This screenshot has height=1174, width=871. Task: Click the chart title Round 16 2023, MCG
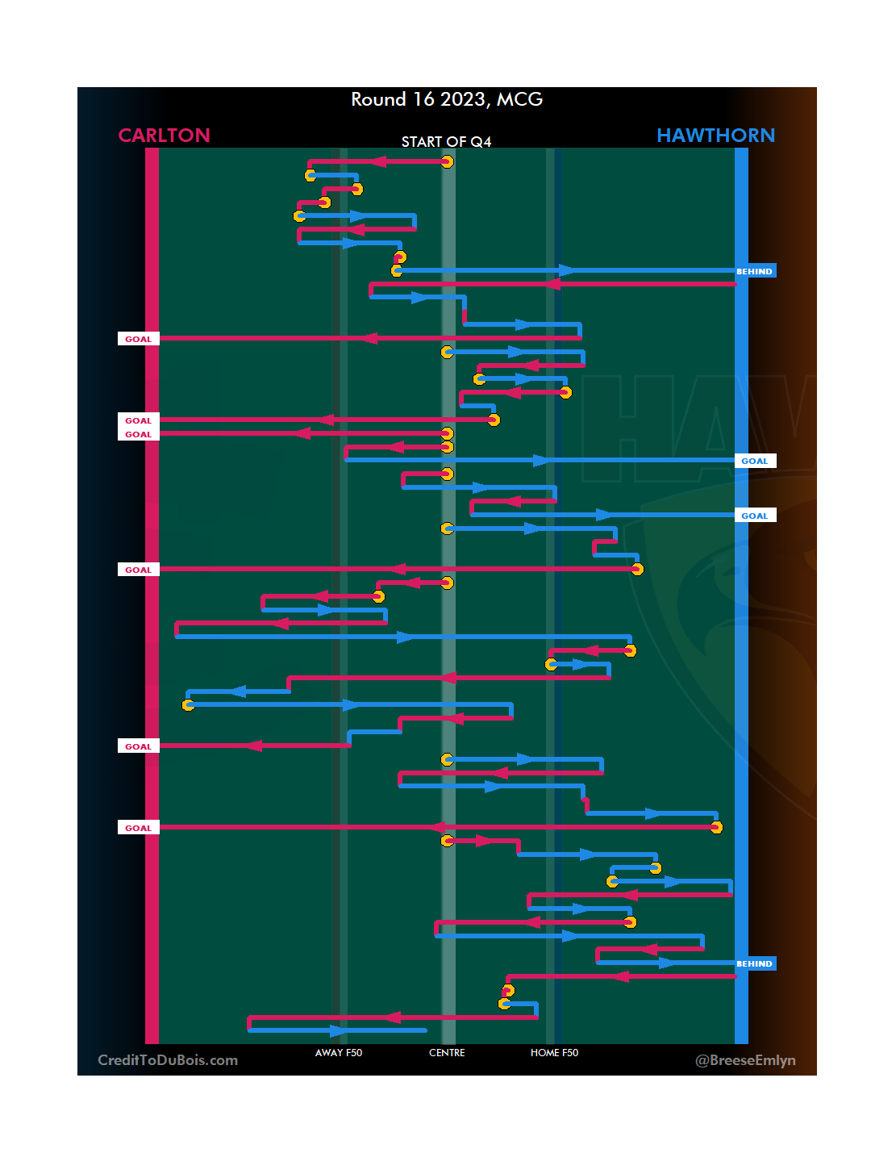click(x=447, y=99)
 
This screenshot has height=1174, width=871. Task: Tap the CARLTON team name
click(x=164, y=136)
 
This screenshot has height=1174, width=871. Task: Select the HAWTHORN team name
click(x=715, y=136)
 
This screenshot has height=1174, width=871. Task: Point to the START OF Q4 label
click(x=446, y=142)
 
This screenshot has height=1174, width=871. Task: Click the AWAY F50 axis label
click(x=339, y=1053)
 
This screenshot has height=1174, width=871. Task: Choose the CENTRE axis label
click(x=447, y=1053)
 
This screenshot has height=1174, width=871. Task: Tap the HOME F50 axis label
click(x=554, y=1053)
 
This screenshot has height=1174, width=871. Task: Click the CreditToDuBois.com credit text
click(x=168, y=1060)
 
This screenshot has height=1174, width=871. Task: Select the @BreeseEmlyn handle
click(x=745, y=1060)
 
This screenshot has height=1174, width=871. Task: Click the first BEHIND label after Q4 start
click(x=755, y=271)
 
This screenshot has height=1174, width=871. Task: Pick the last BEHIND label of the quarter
click(x=755, y=963)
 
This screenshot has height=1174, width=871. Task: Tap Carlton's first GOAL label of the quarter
click(x=138, y=339)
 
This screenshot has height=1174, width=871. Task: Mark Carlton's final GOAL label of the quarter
click(x=138, y=828)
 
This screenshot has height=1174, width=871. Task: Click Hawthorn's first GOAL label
click(x=755, y=461)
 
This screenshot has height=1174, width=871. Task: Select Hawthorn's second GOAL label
click(x=755, y=516)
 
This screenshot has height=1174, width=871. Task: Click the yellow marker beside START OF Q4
click(x=447, y=162)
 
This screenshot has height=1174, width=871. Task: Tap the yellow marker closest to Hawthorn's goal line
click(x=716, y=828)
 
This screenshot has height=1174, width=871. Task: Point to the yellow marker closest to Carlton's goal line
click(x=188, y=705)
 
